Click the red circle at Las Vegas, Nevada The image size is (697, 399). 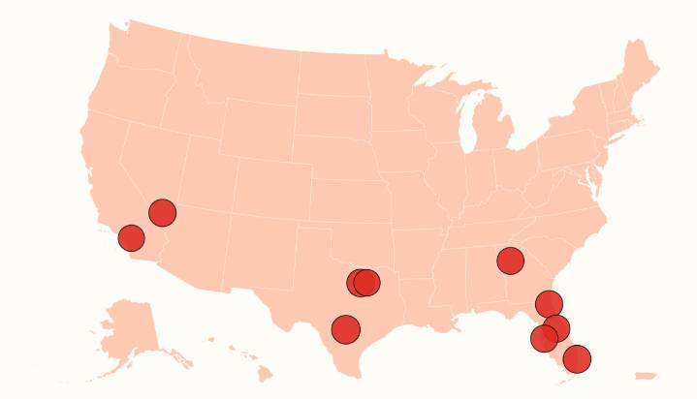click(x=162, y=213)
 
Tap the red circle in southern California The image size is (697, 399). click(x=131, y=237)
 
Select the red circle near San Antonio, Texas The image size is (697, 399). click(x=345, y=329)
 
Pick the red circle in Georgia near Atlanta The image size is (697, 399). click(x=510, y=260)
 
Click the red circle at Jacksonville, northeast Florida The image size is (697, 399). click(x=549, y=304)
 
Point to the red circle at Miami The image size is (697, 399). click(x=577, y=359)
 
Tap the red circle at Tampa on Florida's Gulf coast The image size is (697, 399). click(x=544, y=338)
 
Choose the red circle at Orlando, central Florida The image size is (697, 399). click(x=556, y=328)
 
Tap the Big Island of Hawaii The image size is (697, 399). click(x=264, y=372)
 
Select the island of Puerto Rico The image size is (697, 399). click(x=646, y=376)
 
